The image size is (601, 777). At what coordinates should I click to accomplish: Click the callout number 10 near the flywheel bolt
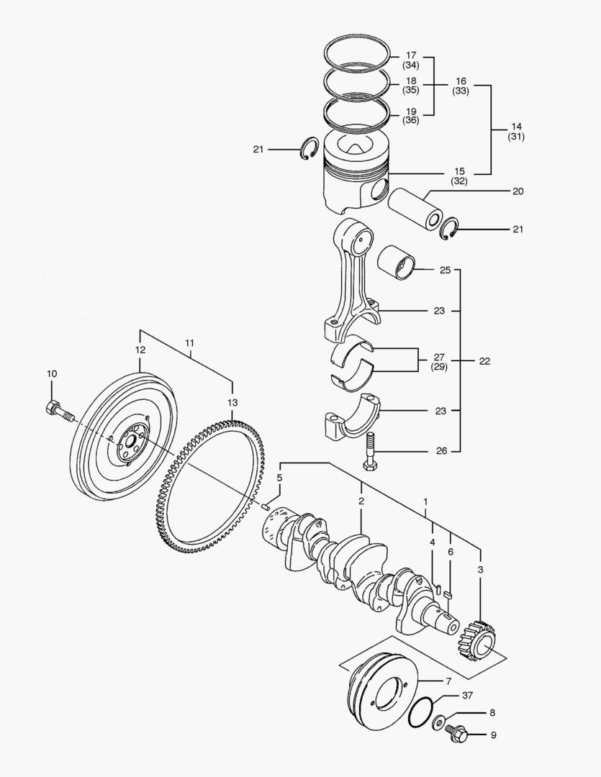coord(51,373)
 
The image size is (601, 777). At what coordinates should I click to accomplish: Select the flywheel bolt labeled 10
coord(60,412)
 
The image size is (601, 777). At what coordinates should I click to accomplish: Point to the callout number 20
coord(518,191)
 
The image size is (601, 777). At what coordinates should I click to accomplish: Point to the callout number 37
coord(468,695)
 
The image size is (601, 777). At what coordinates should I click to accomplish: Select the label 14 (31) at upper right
coord(516,130)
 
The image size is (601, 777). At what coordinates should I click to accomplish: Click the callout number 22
coord(484,361)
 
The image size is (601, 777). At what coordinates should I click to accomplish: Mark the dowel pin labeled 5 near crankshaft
coord(266,506)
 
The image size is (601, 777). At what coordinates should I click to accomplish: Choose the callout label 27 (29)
coord(438,361)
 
